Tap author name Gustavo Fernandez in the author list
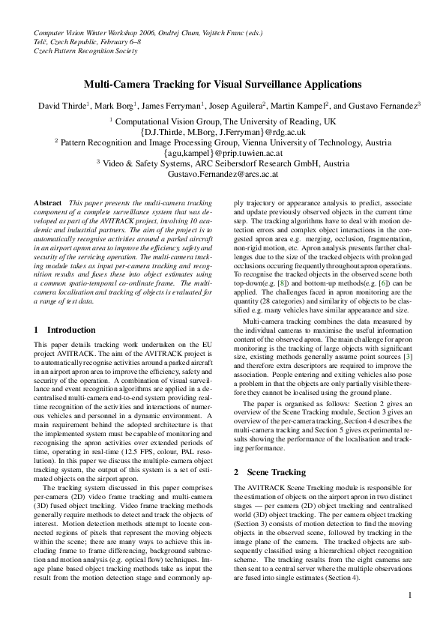[381, 106]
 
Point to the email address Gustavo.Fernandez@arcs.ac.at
[223, 173]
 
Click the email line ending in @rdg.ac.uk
[223, 131]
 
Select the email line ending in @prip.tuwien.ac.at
[223, 152]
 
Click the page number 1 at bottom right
[410, 596]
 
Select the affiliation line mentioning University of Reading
[223, 121]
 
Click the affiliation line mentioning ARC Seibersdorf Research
[223, 163]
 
